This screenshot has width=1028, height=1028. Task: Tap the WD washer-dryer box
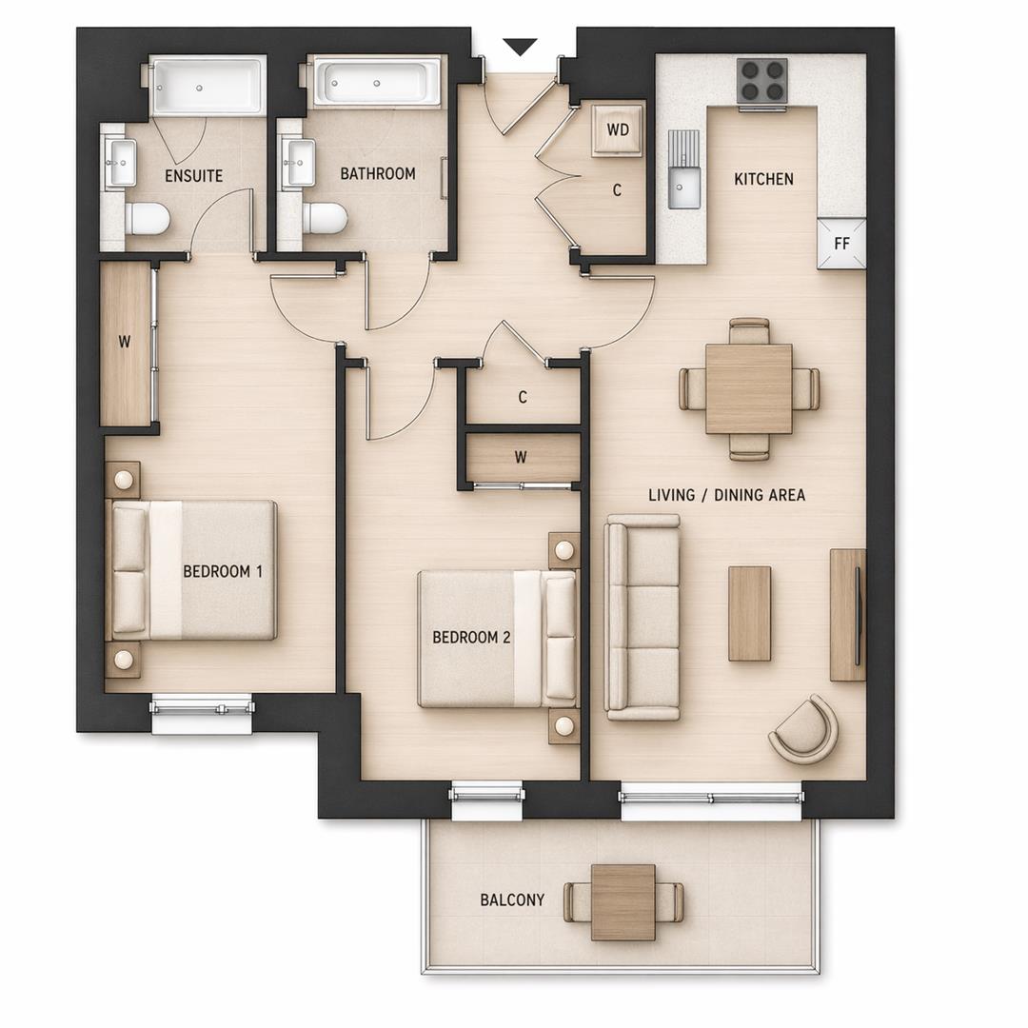(617, 130)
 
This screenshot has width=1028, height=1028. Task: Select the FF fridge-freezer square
(841, 244)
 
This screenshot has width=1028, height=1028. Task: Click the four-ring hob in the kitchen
(762, 81)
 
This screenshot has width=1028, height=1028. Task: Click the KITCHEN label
(763, 179)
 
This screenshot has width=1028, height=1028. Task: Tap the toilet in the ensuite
(148, 219)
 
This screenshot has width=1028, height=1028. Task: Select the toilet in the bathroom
(325, 218)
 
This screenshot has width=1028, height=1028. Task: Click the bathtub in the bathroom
(378, 82)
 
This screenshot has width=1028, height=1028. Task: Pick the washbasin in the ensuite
(121, 163)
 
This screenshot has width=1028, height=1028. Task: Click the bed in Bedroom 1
(194, 570)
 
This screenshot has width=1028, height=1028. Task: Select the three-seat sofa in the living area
(643, 617)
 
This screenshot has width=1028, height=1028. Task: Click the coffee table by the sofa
(749, 613)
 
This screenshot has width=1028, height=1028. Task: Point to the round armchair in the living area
(804, 730)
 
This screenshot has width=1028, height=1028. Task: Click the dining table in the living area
(748, 388)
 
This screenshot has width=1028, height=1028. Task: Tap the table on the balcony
(623, 901)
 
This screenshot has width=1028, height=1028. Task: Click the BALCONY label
(512, 899)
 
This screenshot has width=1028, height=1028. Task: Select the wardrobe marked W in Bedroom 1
(126, 344)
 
